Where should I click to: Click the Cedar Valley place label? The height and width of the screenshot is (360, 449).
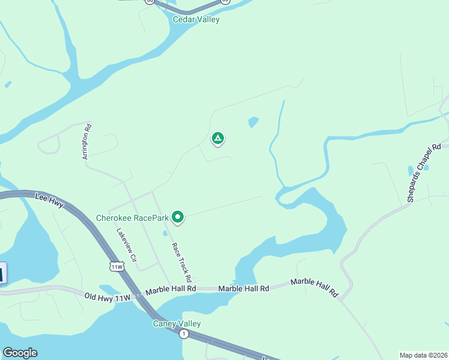pyautogui.click(x=196, y=19)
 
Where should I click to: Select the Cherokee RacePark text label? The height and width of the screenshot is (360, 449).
pyautogui.click(x=132, y=218)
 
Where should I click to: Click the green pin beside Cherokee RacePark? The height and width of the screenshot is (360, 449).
pyautogui.click(x=178, y=216)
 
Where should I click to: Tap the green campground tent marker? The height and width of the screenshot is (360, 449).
pyautogui.click(x=218, y=139)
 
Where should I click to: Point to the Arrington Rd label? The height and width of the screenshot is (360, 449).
pyautogui.click(x=87, y=141)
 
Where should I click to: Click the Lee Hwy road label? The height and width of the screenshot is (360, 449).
pyautogui.click(x=49, y=198)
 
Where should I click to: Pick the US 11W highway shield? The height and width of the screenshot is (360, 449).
pyautogui.click(x=116, y=266)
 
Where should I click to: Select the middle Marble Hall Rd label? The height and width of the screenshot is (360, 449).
pyautogui.click(x=243, y=289)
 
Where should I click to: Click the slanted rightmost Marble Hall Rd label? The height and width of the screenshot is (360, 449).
pyautogui.click(x=315, y=288)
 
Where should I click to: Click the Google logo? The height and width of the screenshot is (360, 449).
pyautogui.click(x=20, y=353)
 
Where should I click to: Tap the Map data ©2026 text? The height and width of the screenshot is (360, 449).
pyautogui.click(x=424, y=355)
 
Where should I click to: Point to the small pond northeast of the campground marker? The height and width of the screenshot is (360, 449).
pyautogui.click(x=253, y=122)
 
